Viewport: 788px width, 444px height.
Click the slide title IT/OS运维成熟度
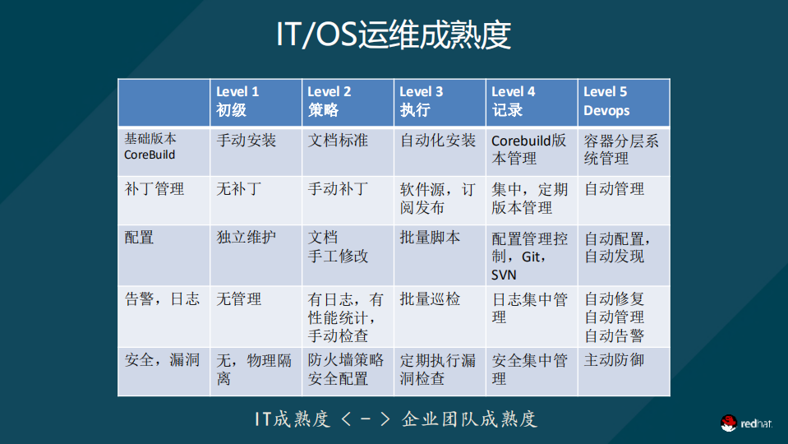(394, 36)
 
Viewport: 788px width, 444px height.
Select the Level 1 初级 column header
(238, 101)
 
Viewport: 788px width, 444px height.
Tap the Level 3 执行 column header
(422, 101)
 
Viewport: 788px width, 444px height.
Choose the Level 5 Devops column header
(606, 101)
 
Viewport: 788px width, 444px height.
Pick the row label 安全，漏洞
(162, 360)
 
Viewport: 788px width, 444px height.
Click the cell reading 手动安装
(247, 141)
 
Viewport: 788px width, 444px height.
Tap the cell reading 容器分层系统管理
(621, 149)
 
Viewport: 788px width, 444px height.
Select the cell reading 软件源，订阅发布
(437, 198)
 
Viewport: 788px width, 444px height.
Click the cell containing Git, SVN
(529, 256)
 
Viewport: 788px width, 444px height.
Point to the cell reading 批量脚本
(430, 238)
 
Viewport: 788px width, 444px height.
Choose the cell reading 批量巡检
(430, 299)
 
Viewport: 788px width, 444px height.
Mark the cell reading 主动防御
(614, 360)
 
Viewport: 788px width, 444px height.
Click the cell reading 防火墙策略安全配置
(346, 369)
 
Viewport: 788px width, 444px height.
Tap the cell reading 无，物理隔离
(254, 369)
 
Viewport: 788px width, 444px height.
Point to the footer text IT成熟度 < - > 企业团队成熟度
(394, 419)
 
